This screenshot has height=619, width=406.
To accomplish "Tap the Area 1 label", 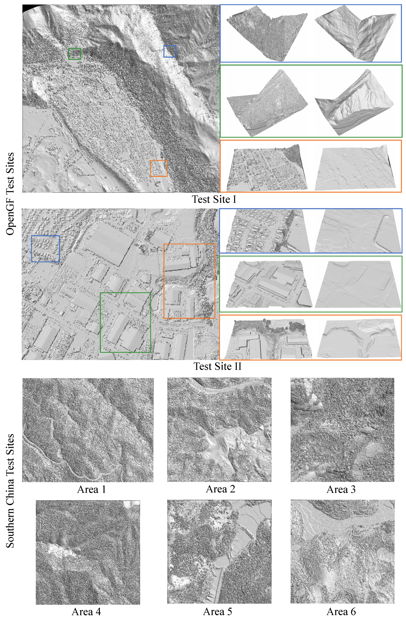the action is (x=91, y=490).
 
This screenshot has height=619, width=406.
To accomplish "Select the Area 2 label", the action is (x=220, y=489).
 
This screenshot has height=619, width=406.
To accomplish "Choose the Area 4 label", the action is (x=86, y=612).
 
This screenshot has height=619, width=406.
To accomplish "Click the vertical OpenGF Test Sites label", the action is (x=10, y=194).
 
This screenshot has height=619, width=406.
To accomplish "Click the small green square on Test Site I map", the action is (x=75, y=54).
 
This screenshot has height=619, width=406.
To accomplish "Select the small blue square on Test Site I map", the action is (x=170, y=51).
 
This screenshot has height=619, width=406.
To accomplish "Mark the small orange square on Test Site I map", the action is (x=159, y=168).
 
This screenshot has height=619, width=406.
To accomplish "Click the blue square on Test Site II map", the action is (x=46, y=249).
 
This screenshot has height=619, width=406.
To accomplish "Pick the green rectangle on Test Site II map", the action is (x=125, y=323).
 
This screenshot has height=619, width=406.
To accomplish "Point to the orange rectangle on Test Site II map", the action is (x=189, y=281).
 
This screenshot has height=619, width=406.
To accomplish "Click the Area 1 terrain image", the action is (x=88, y=430).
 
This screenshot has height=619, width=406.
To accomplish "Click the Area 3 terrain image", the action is (x=342, y=430).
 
